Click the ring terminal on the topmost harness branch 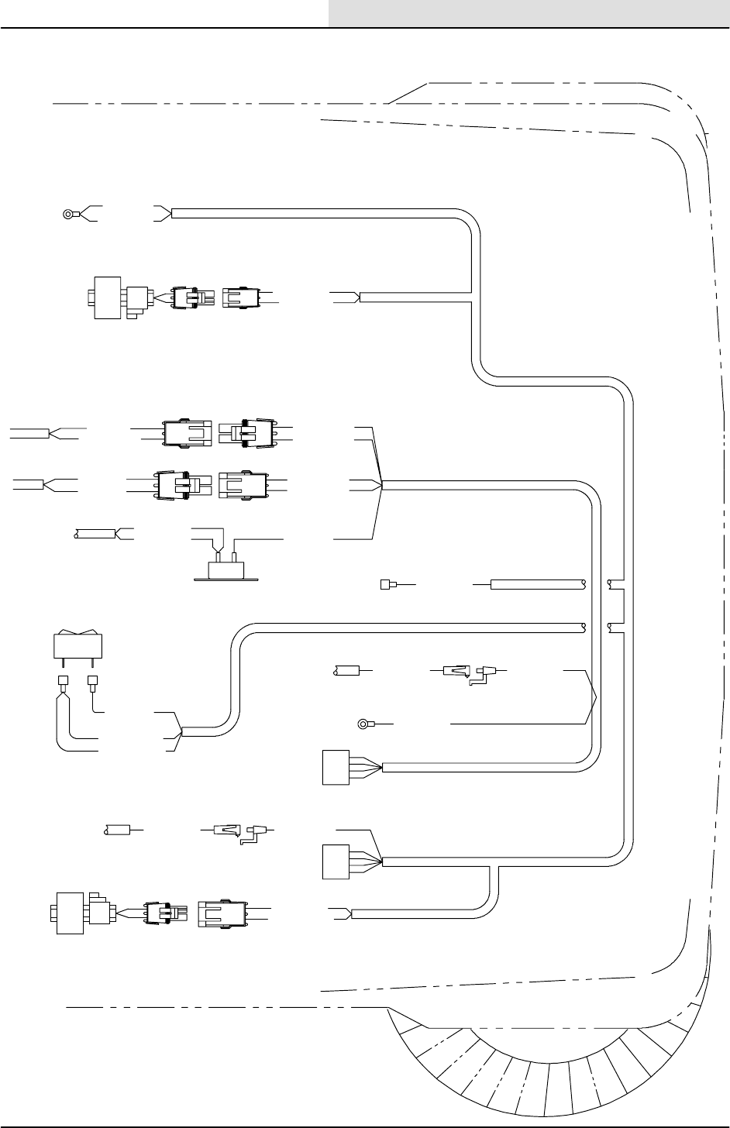[70, 215]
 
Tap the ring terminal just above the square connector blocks [363, 725]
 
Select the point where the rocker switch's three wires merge [181, 731]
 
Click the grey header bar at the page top [529, 13]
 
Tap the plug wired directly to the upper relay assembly [190, 297]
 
